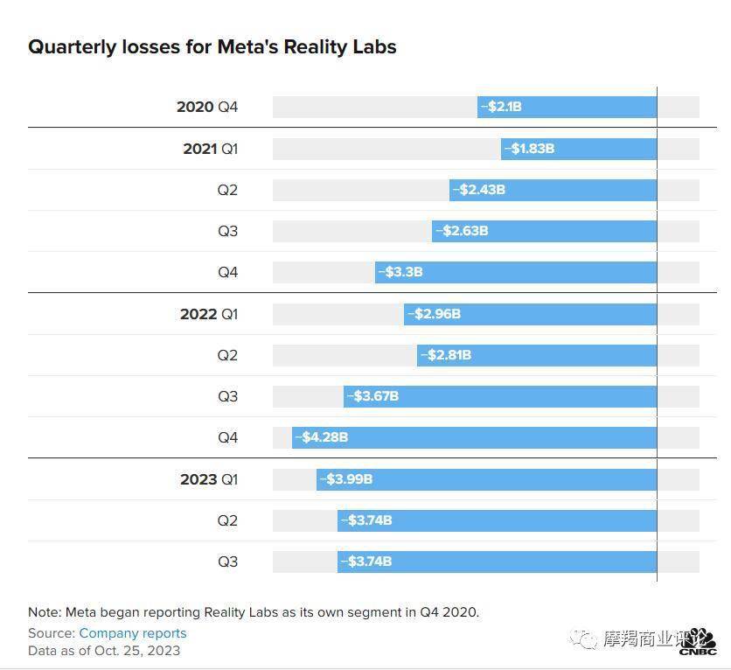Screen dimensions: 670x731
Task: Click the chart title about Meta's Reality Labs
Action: pyautogui.click(x=212, y=47)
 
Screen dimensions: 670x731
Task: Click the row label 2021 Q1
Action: pyautogui.click(x=210, y=149)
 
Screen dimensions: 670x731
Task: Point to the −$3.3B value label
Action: pyautogui.click(x=401, y=272)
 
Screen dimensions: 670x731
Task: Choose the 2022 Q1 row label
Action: pyautogui.click(x=208, y=314)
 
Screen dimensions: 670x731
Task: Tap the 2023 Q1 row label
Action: pyautogui.click(x=208, y=479)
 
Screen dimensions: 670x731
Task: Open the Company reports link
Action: pyautogui.click(x=133, y=633)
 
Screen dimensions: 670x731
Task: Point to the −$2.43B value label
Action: pyautogui.click(x=478, y=190)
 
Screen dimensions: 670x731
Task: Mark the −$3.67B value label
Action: pyautogui.click(x=372, y=396)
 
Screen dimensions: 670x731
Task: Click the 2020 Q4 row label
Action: pyautogui.click(x=206, y=107)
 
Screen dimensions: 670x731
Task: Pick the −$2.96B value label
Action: pyautogui.click(x=434, y=314)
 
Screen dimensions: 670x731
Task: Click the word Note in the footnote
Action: pyautogui.click(x=44, y=612)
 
